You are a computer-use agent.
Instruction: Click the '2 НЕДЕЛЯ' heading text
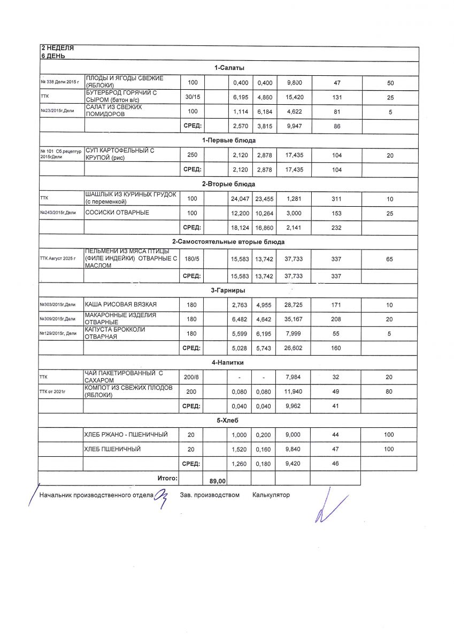coord(58,48)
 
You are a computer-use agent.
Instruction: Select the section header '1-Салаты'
coord(229,68)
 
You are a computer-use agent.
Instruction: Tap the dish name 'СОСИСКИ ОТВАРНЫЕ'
coord(117,213)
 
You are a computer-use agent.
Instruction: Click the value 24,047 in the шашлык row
coord(240,199)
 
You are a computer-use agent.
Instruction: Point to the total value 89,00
coord(218,481)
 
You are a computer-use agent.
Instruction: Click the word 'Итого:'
coord(167,478)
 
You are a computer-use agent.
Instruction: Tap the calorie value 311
coord(336,199)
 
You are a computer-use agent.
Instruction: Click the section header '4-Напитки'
coord(228,363)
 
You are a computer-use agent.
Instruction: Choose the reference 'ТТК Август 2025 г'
coord(59,259)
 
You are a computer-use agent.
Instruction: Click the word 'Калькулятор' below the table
coord(271,495)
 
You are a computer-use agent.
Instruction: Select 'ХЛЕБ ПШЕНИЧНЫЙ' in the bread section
coord(113,449)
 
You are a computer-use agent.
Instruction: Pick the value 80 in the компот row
coord(389,392)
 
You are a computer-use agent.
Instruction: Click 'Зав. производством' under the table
coord(210,495)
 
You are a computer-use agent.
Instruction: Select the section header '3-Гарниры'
coord(228,291)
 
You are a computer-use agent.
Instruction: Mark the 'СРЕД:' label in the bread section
coord(192,464)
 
